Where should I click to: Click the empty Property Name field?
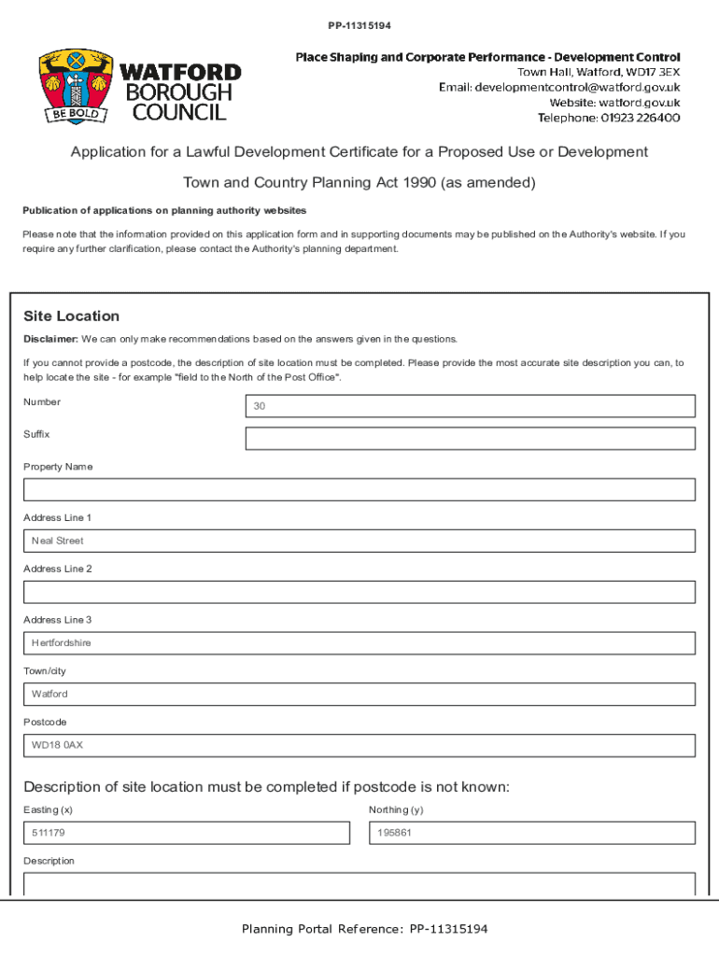click(x=359, y=490)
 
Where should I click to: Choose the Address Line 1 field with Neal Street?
click(x=359, y=541)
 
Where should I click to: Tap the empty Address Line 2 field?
click(x=359, y=592)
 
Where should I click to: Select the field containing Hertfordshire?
click(x=359, y=643)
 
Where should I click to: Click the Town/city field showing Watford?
click(x=359, y=695)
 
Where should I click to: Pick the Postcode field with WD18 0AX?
click(x=359, y=745)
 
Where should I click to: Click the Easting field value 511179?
click(x=186, y=833)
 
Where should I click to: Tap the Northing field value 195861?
click(x=531, y=833)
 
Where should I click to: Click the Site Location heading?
click(x=72, y=316)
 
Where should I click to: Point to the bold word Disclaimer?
click(x=50, y=339)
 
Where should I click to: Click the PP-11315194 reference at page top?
click(x=359, y=24)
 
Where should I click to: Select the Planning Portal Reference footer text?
click(x=364, y=929)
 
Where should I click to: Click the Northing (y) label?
click(x=396, y=810)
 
